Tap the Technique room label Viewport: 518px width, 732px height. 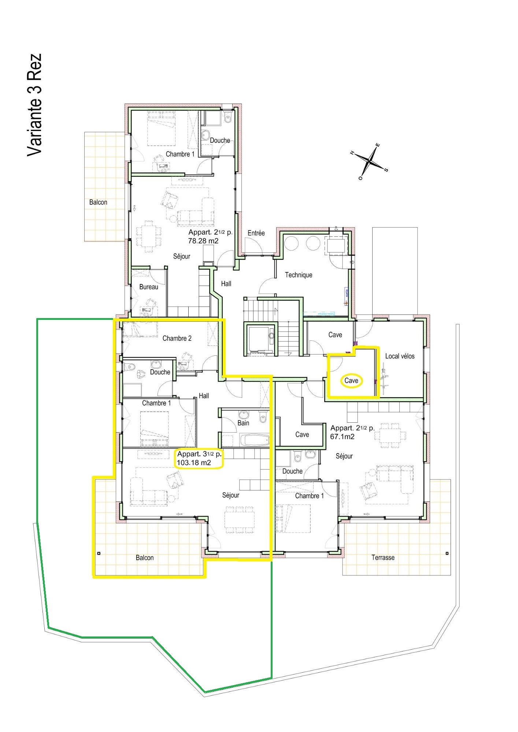299,275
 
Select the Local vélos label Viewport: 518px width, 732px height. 400,356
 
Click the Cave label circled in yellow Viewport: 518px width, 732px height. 351,381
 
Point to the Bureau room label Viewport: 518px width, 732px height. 149,287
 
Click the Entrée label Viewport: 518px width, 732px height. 256,233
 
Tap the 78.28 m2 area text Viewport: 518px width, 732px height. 203,241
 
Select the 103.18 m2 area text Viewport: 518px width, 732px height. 194,463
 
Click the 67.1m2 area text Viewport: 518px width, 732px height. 343,437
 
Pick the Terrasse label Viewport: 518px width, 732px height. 383,558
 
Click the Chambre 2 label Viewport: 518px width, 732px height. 177,339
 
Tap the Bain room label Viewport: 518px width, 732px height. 243,423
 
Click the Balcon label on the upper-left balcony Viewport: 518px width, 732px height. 98,202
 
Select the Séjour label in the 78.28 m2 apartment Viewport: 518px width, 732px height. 182,257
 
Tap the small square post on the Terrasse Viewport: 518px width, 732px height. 447,553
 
